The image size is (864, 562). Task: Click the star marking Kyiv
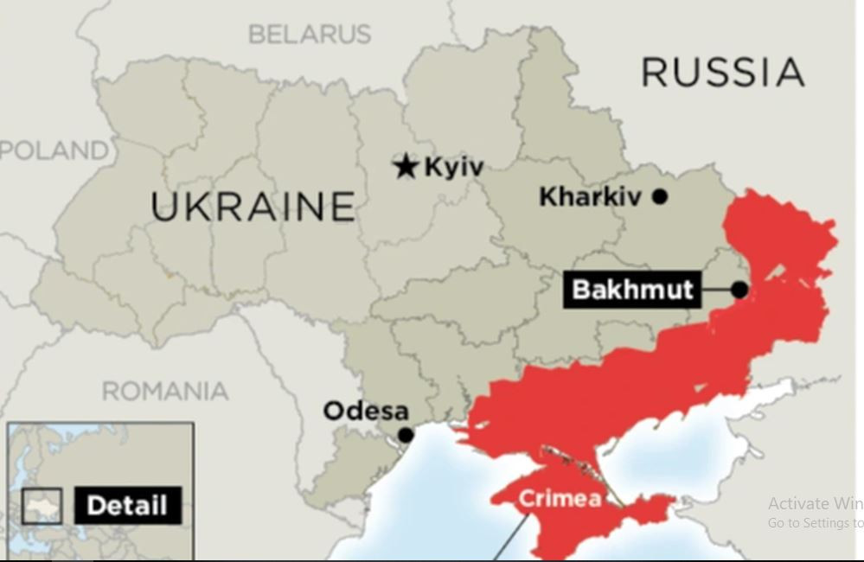pyautogui.click(x=405, y=166)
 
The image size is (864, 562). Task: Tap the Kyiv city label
pyautogui.click(x=453, y=166)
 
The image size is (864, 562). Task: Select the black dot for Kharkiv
pyautogui.click(x=660, y=196)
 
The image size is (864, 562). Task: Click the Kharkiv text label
pyautogui.click(x=591, y=196)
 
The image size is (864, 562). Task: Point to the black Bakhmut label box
pyautogui.click(x=632, y=289)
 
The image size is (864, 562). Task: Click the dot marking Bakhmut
pyautogui.click(x=740, y=290)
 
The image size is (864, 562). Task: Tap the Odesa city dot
pyautogui.click(x=405, y=435)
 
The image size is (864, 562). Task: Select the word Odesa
pyautogui.click(x=365, y=411)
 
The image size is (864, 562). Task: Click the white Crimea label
pyautogui.click(x=559, y=499)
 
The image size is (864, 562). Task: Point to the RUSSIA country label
pyautogui.click(x=723, y=72)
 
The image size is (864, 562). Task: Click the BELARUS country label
pyautogui.click(x=310, y=35)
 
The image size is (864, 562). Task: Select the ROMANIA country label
pyautogui.click(x=165, y=391)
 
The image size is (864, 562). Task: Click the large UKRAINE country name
pyautogui.click(x=253, y=207)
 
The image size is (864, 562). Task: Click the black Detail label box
pyautogui.click(x=127, y=506)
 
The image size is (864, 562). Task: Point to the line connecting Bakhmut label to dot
pyautogui.click(x=715, y=290)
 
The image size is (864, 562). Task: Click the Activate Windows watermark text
pyautogui.click(x=814, y=503)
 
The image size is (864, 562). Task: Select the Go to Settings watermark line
pyautogui.click(x=814, y=523)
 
